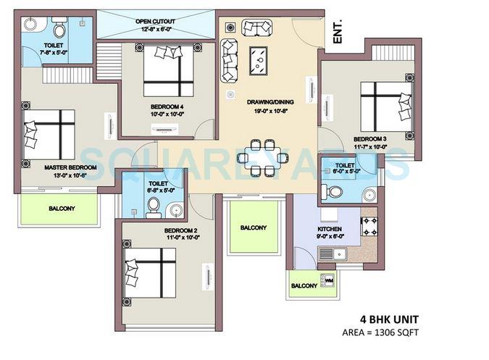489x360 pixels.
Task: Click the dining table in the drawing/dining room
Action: tap(259, 156)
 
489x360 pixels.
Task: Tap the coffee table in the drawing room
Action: tap(258, 61)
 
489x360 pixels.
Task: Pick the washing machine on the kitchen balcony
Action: tap(328, 280)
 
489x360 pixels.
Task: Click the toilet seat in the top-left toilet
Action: tap(59, 30)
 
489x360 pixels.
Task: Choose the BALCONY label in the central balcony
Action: tap(253, 227)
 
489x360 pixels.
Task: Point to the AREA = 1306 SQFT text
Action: tap(380, 332)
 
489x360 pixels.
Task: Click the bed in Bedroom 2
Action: tap(151, 273)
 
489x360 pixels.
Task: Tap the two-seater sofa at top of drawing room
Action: tap(257, 28)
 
